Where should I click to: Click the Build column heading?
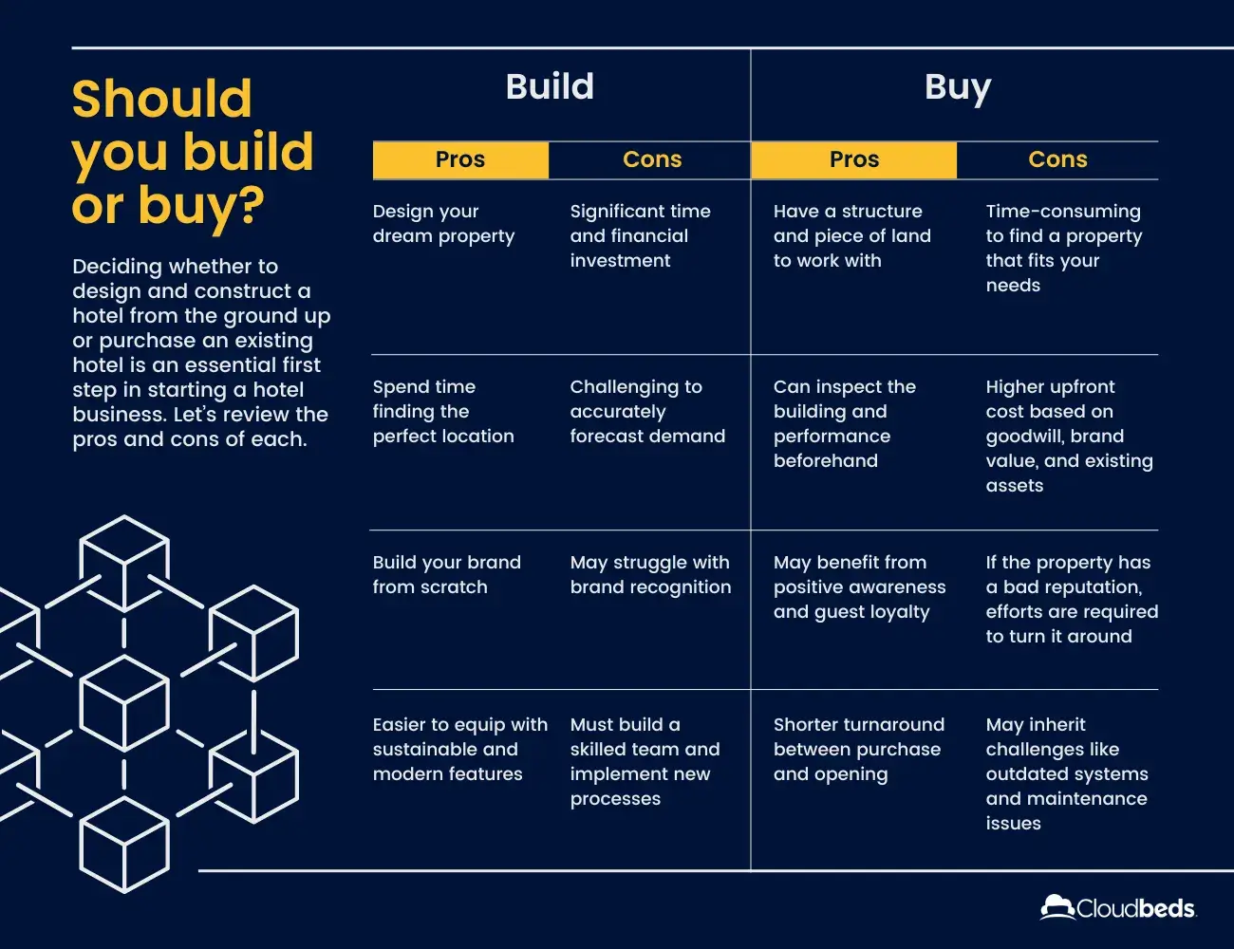(x=550, y=86)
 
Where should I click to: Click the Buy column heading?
(x=958, y=88)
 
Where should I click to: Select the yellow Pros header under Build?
(x=460, y=160)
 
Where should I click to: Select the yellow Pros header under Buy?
(x=854, y=160)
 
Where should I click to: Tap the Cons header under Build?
(x=652, y=159)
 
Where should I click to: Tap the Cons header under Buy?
(x=1058, y=159)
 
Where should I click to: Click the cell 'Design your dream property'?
(x=443, y=224)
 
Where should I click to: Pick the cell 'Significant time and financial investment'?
(x=640, y=235)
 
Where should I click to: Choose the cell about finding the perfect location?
(x=443, y=412)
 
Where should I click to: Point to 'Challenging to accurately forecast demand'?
(x=647, y=412)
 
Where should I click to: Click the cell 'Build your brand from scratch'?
(x=446, y=574)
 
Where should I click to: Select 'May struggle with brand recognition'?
(x=651, y=574)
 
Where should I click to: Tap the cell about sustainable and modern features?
(x=460, y=749)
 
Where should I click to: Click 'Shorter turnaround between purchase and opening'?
(x=859, y=749)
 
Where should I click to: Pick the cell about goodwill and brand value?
(x=1070, y=436)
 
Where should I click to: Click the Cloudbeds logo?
(x=1118, y=907)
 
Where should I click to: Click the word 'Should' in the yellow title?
(x=162, y=99)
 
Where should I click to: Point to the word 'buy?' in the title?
(x=201, y=207)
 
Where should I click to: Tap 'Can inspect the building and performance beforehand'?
(x=845, y=423)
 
